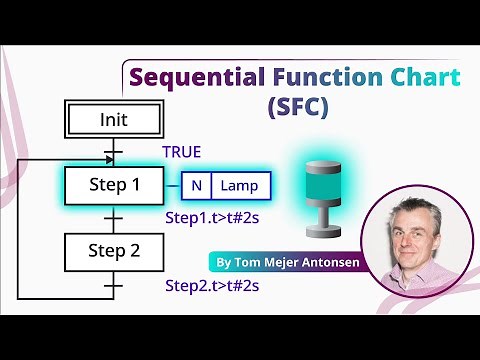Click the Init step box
click(113, 120)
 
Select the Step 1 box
click(113, 185)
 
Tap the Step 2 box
click(113, 250)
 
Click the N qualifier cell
click(196, 186)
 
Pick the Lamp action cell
click(240, 186)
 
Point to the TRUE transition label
click(182, 152)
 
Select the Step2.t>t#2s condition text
click(212, 286)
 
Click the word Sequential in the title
click(191, 77)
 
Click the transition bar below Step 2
click(113, 285)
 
